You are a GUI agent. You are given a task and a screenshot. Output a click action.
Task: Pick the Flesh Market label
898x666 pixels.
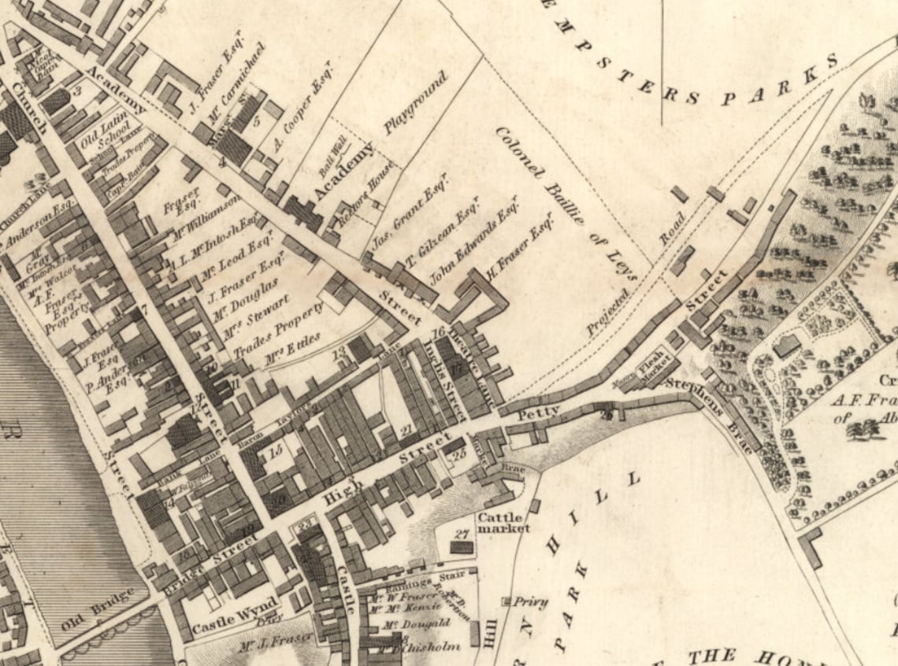652,364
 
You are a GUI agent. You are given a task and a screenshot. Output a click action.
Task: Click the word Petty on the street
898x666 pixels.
538,412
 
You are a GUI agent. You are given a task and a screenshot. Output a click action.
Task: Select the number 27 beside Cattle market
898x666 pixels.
461,535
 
